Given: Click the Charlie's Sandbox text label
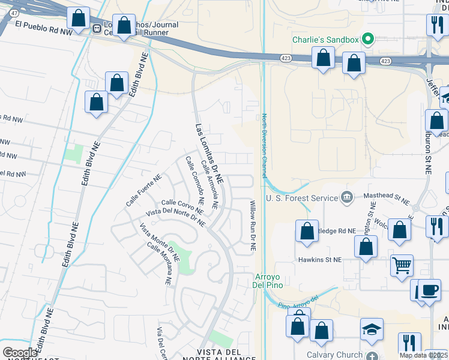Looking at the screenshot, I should pos(325,40).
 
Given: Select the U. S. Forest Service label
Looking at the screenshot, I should pos(304,197).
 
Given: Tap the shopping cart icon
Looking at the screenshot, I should pos(402,264).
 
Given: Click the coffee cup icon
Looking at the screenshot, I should pos(429,290).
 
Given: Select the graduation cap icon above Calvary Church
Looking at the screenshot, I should pos(372,329).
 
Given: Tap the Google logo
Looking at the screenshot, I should pos(20,353).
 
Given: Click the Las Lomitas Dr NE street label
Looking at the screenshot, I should pos(209,154).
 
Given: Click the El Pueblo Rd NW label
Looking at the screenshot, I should pos(43,26).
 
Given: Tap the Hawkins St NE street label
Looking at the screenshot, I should pos(320,260).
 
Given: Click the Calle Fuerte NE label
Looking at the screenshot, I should pos(144,190).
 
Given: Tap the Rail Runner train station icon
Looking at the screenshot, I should pos(97,28).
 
